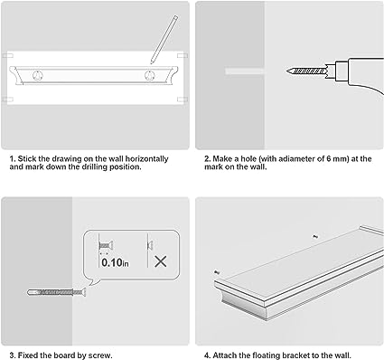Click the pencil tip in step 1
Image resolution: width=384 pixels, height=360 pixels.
[x=152, y=62]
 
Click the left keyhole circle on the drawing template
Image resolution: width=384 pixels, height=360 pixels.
[x=38, y=76]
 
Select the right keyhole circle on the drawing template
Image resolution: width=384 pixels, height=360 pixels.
[x=149, y=76]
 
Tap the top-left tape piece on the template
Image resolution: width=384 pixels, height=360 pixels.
[x=7, y=56]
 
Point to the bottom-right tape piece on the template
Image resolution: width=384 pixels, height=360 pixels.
[x=183, y=99]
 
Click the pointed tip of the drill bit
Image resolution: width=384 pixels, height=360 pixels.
[x=287, y=71]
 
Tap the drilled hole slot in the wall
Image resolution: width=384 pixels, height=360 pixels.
[x=245, y=71]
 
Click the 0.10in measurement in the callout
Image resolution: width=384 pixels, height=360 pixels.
[x=115, y=262]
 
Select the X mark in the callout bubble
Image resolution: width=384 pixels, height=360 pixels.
[x=161, y=261]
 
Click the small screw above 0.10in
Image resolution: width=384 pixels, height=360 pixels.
[x=106, y=246]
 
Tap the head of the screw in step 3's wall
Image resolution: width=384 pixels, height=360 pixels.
[x=83, y=292]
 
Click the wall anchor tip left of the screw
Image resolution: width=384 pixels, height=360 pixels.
[x=30, y=292]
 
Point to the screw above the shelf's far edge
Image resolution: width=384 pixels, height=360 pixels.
[x=315, y=237]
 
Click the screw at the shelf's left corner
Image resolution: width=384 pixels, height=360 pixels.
[x=216, y=272]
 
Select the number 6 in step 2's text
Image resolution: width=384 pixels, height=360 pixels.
[x=329, y=159]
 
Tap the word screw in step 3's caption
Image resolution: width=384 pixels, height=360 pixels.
[x=101, y=355]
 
